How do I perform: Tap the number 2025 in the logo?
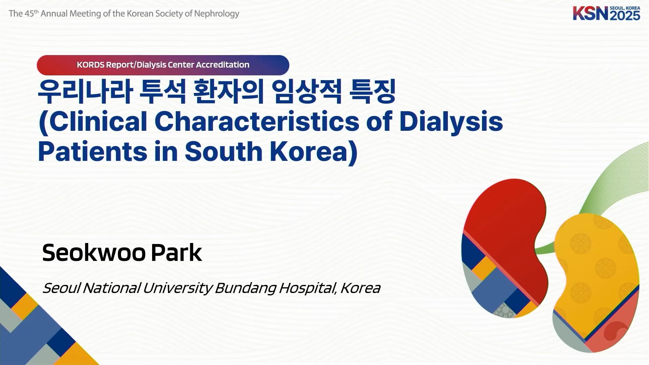625,16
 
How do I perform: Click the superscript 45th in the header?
32,13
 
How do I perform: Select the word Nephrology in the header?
217,14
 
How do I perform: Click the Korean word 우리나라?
85,91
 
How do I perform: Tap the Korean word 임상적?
307,91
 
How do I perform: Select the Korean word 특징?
372,91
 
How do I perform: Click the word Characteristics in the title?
257,121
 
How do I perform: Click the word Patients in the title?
93,151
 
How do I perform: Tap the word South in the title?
223,151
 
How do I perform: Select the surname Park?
176,253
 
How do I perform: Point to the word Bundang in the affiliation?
245,288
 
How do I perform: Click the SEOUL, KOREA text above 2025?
625,8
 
